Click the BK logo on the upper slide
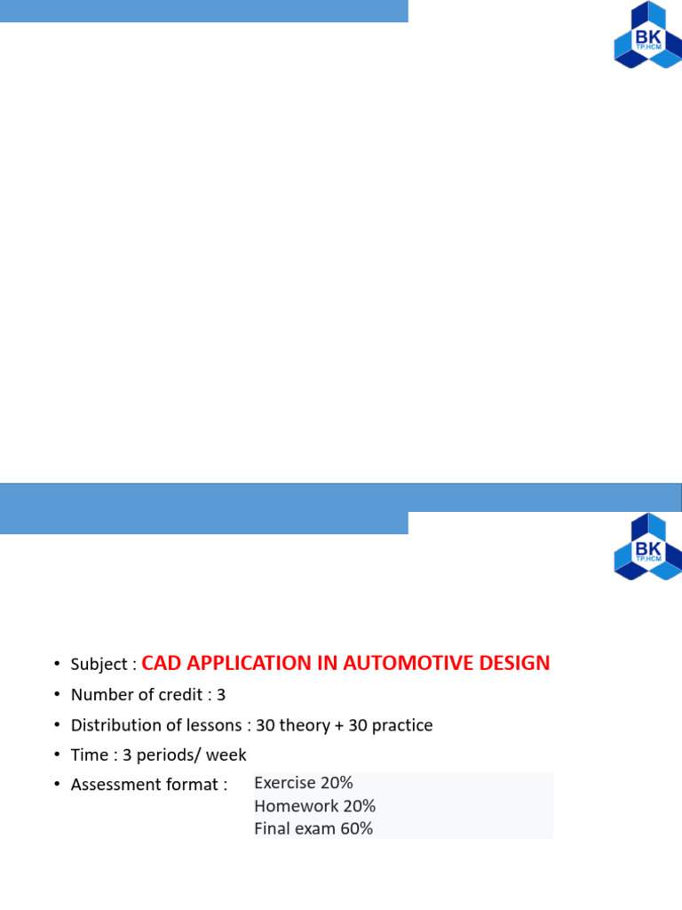pos(647,35)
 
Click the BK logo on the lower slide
pos(647,546)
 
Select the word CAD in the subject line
pos(163,663)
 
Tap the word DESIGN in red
pos(515,663)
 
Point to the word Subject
pos(99,665)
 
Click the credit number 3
pos(221,694)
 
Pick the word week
pos(228,755)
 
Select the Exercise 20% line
pos(304,783)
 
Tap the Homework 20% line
pos(314,806)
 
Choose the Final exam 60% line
pos(313,829)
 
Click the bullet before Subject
pos(56,665)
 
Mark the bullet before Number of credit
pos(56,695)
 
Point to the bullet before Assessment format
pos(56,785)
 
